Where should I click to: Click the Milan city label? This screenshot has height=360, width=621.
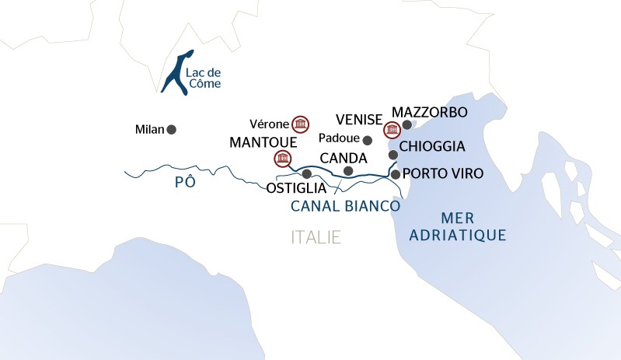[x=149, y=130]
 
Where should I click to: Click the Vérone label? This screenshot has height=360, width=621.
[x=269, y=124]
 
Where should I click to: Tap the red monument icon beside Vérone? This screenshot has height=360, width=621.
[x=299, y=124]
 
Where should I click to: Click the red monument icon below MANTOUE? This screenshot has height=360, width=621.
[x=281, y=159]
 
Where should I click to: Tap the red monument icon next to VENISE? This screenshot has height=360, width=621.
[x=392, y=128]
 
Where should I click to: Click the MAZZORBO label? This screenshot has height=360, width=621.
[x=430, y=113]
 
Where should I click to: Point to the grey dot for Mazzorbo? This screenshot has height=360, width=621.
[x=406, y=124]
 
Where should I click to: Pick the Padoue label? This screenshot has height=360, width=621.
[x=340, y=140]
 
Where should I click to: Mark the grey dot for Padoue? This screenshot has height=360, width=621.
[x=368, y=141]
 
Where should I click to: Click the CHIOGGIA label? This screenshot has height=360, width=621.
[x=431, y=146]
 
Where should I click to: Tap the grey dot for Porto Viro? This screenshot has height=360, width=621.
[x=396, y=174]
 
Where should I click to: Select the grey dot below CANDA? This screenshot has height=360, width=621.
[x=348, y=171]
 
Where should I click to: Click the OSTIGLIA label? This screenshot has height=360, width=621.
[x=295, y=188]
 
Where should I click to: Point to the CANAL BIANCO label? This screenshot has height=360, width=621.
[x=345, y=207]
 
